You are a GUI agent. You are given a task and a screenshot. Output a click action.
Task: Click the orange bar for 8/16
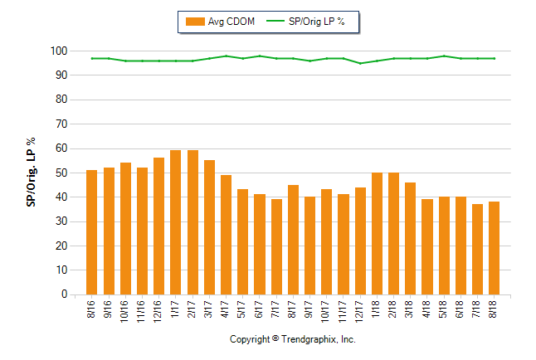[91, 232]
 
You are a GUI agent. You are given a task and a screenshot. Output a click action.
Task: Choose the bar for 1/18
[377, 233]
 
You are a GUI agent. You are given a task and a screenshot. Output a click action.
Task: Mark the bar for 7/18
[477, 249]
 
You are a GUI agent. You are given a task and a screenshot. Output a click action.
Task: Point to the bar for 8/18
[494, 248]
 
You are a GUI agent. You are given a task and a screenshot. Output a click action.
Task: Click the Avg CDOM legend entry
[219, 22]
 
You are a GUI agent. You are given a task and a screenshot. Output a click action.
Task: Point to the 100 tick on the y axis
[58, 51]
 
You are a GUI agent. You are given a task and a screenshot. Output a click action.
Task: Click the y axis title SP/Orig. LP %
[31, 173]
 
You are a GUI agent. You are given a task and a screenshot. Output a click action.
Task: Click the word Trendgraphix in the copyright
[309, 340]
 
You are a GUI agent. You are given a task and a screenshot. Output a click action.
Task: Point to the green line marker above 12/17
[360, 63]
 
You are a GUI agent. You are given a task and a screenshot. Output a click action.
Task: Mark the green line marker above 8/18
[494, 58]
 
